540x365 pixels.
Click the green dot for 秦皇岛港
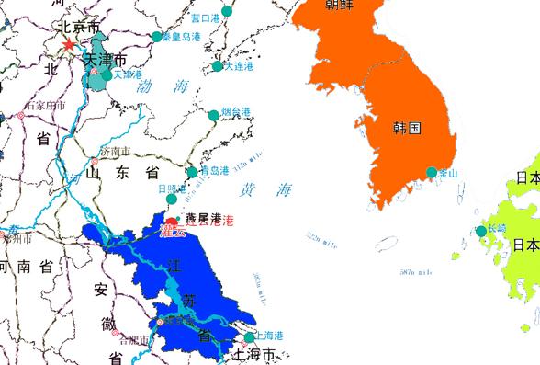click(x=156, y=38)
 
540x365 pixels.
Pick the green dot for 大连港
click(x=218, y=66)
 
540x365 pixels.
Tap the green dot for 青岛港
click(x=192, y=172)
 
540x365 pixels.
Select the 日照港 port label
click(x=173, y=188)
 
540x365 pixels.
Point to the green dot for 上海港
click(x=248, y=337)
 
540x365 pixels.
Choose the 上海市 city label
click(x=255, y=354)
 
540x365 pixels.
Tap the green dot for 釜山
click(x=431, y=173)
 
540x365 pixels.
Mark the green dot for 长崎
click(x=480, y=232)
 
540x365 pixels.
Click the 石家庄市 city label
click(x=46, y=106)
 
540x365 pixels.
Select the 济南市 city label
click(x=116, y=152)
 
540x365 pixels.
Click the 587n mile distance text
click(x=416, y=272)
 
